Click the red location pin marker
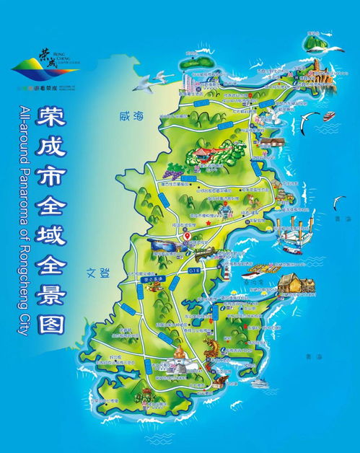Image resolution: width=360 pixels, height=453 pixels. pyautogui.click(x=186, y=235)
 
